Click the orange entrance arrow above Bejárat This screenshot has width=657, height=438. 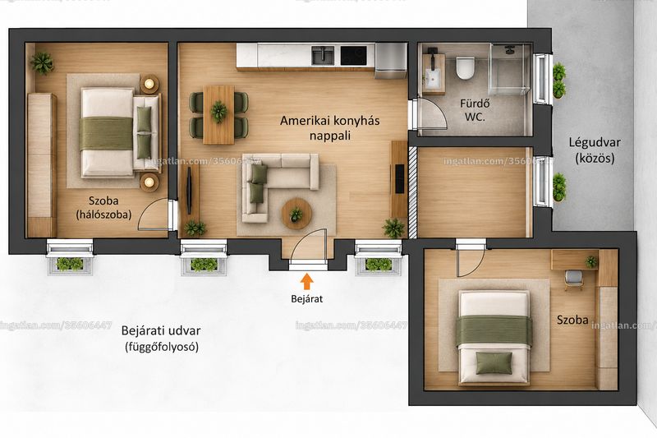pyautogui.click(x=307, y=281)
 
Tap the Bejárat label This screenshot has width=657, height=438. pyautogui.click(x=306, y=299)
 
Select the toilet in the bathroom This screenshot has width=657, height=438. pyautogui.click(x=465, y=68)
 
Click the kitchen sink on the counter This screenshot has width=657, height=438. pyautogui.click(x=323, y=55)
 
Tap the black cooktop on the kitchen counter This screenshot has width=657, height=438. pyautogui.click(x=353, y=55)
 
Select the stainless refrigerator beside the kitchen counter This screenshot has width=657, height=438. pyautogui.click(x=391, y=61)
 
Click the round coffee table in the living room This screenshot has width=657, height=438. pyautogui.click(x=296, y=214)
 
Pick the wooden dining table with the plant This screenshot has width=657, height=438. pyautogui.click(x=218, y=114)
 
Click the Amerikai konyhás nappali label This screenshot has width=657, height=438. pyautogui.click(x=330, y=128)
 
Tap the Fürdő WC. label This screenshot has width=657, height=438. pyautogui.click(x=475, y=110)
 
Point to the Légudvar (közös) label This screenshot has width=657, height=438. pyautogui.click(x=594, y=150)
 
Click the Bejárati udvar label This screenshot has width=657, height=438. pyautogui.click(x=161, y=339)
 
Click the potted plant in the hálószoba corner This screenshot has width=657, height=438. pyautogui.click(x=42, y=63)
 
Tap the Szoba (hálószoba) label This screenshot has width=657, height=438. pyautogui.click(x=103, y=207)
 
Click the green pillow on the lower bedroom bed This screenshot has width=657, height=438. pyautogui.click(x=494, y=362)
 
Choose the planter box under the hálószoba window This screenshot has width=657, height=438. pyautogui.click(x=70, y=265)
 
